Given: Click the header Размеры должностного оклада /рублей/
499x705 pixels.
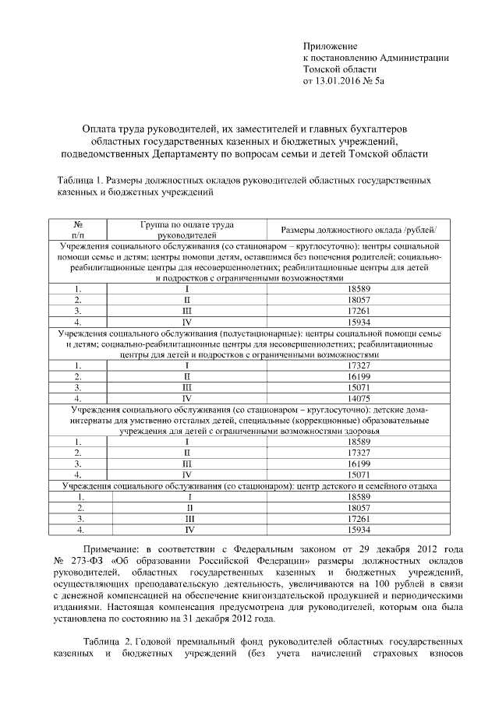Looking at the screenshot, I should coord(359,228).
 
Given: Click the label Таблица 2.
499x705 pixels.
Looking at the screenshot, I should coord(106,642).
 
